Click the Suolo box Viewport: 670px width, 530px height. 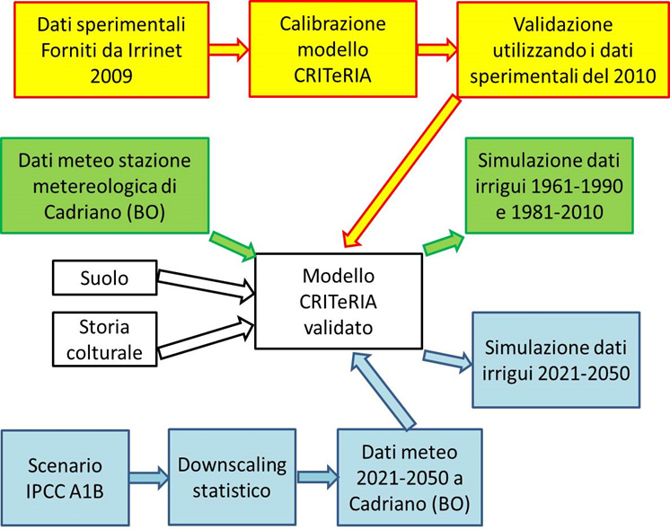pos(105,278)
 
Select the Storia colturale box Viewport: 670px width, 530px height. pos(105,340)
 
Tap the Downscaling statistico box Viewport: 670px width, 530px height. pos(232,477)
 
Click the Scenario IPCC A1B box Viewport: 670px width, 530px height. pos(66,478)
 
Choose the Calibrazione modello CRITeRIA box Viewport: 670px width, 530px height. pos(333,49)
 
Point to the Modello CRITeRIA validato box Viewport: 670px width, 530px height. pos(339,301)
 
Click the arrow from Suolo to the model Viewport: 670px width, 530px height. pos(207,284)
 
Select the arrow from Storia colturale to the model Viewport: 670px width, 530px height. pos(207,338)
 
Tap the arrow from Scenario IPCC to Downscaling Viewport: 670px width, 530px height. pos(149,477)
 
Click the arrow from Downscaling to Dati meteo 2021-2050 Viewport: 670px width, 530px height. pos(317,477)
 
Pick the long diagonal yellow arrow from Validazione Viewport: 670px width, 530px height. pos(401,171)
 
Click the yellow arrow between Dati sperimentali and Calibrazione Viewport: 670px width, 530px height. pos(229,49)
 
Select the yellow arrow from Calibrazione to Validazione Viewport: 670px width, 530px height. pos(437,49)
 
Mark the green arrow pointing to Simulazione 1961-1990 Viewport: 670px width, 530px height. pos(444,243)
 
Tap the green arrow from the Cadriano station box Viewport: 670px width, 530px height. pos(233,246)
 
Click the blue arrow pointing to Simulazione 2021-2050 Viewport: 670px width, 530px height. pos(448,361)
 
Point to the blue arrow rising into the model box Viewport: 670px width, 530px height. pos(382,390)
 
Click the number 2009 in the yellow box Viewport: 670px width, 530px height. pos(111,76)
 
